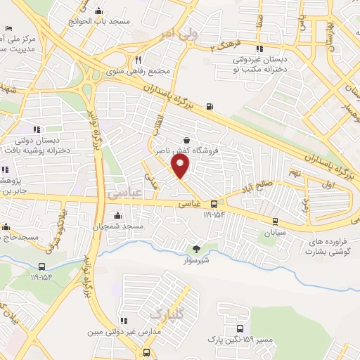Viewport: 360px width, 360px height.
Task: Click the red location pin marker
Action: pyautogui.click(x=181, y=166)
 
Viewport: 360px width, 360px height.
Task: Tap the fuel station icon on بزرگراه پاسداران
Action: pyautogui.click(x=210, y=107)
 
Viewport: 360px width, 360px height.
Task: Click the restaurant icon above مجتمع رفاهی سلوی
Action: pyautogui.click(x=139, y=60)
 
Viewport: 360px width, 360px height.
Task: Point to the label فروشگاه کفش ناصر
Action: pyautogui.click(x=185, y=150)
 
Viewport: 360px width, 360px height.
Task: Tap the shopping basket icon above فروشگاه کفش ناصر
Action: pyautogui.click(x=186, y=139)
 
